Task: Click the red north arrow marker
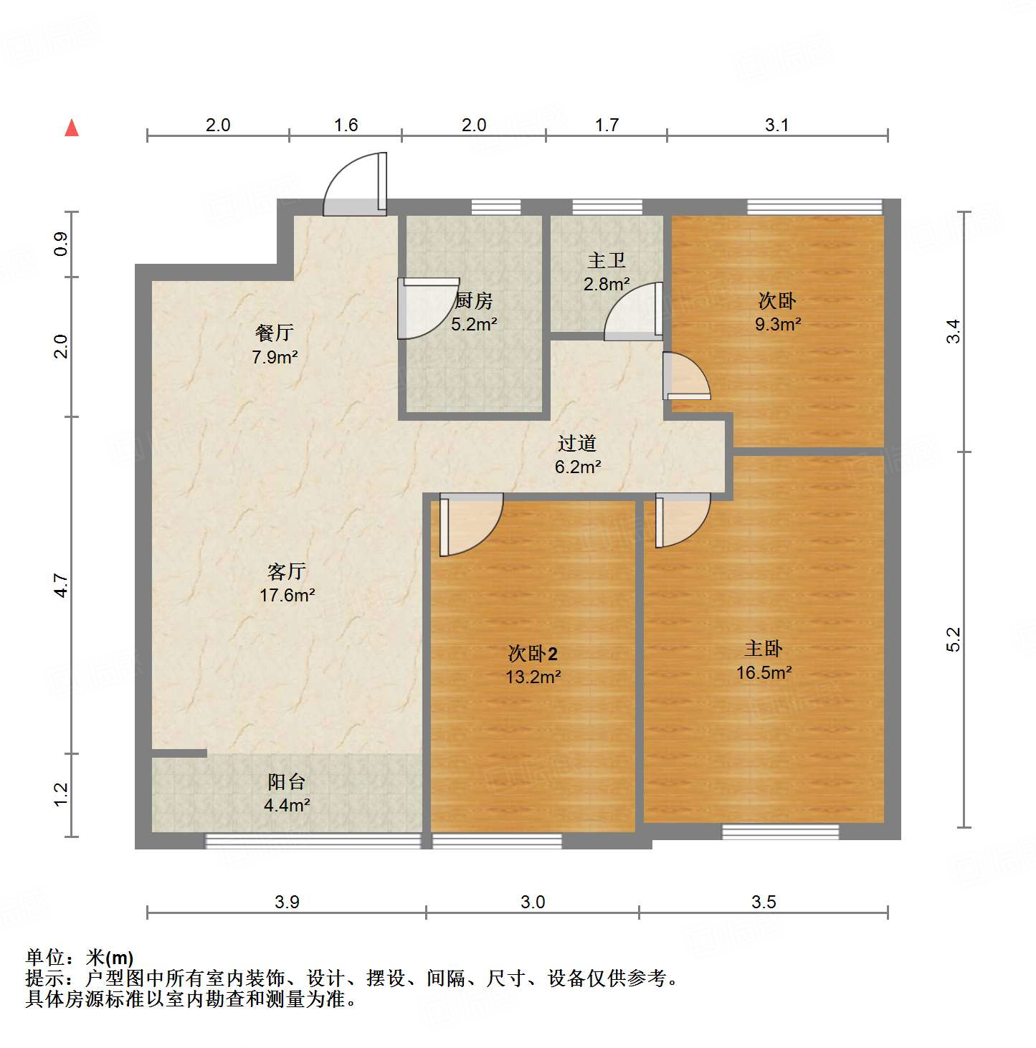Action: (x=72, y=128)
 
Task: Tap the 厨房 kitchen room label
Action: (x=474, y=301)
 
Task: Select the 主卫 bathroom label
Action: (x=607, y=261)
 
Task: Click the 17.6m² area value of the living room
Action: (x=287, y=595)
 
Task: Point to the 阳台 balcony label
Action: (x=287, y=782)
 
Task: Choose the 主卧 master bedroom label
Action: (x=764, y=649)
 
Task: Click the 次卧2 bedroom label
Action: (x=533, y=654)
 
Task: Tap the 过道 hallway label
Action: (x=577, y=444)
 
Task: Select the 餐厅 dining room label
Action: (x=275, y=333)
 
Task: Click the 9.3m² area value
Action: (x=778, y=324)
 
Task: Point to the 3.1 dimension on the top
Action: (x=776, y=125)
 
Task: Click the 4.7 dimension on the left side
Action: (x=62, y=586)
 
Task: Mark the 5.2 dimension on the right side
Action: (x=953, y=639)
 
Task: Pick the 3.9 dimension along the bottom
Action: (x=287, y=902)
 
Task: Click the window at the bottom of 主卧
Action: (x=780, y=832)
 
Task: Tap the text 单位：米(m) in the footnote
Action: (x=80, y=958)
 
